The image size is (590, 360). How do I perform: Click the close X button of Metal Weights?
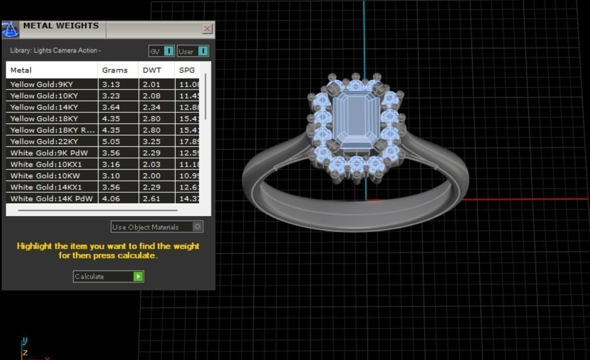207,29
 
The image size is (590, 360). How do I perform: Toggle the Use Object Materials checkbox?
197,227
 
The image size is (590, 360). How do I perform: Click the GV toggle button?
161,51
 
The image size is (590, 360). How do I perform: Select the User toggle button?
193,51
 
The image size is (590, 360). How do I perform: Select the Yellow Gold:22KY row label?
44,141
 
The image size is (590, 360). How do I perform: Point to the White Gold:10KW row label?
45,176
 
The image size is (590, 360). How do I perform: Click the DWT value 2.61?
152,199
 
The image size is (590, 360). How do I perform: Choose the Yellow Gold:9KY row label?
42,84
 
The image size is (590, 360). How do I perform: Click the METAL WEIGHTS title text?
61,26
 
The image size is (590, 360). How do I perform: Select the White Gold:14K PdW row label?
51,199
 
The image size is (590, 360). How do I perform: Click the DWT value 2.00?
152,176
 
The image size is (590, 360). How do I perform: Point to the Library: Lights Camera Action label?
55,51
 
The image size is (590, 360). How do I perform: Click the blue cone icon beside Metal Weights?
11,30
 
